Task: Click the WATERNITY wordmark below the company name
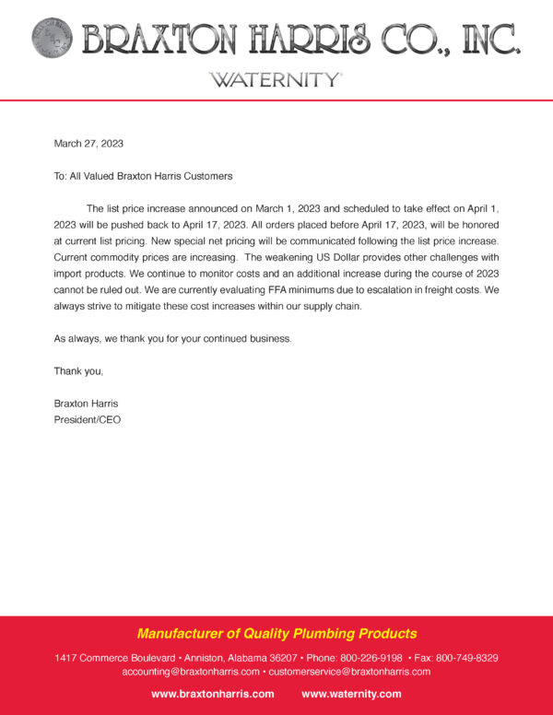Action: coord(276,79)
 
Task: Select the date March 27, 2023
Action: coord(88,144)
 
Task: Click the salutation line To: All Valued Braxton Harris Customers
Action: coord(143,175)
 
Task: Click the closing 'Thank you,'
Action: coord(78,371)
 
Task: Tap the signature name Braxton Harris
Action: coord(86,404)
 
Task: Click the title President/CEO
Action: coord(88,419)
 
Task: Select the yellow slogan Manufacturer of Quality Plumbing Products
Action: coord(276,634)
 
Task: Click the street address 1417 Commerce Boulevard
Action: coord(115,658)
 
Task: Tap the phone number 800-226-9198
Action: coord(371,658)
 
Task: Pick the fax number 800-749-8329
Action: coord(466,658)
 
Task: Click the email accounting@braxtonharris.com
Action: coord(190,672)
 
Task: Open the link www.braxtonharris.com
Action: coord(212,694)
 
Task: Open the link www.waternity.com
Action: coord(351,694)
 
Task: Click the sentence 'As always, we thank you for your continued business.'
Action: coord(173,339)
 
